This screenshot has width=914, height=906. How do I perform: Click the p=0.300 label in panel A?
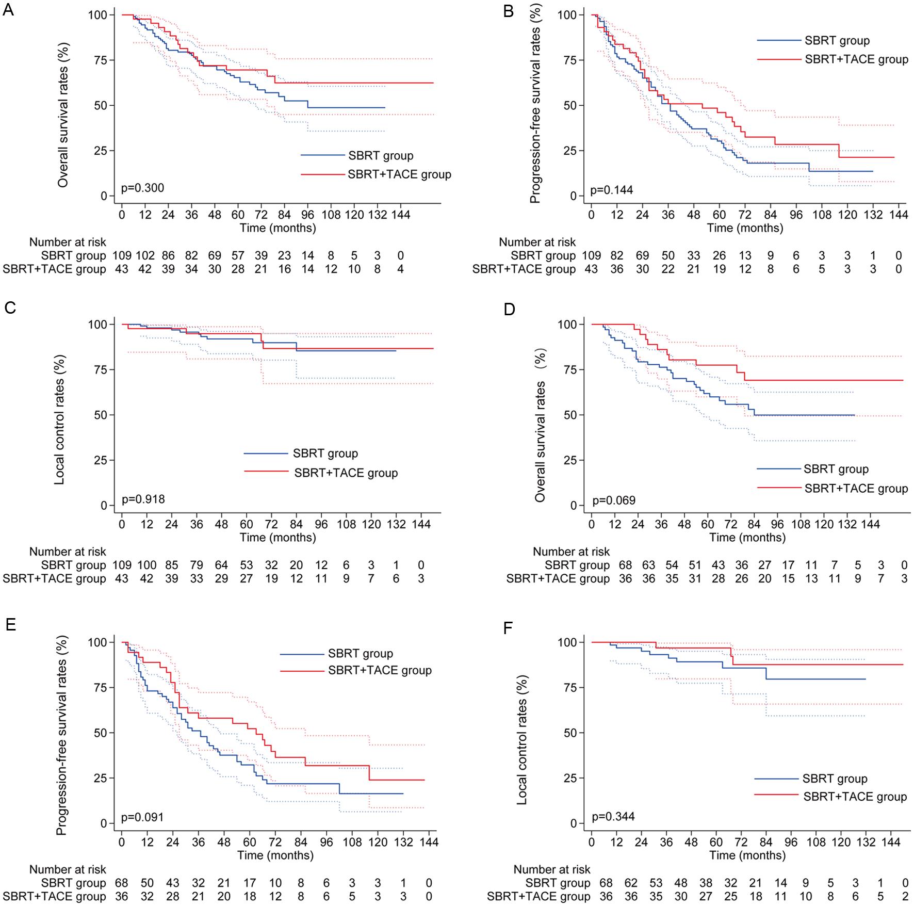[x=142, y=188]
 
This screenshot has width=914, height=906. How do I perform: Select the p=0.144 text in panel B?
[x=611, y=190]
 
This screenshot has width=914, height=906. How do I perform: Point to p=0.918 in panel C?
[x=143, y=499]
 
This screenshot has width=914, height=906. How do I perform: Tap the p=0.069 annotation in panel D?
[x=614, y=500]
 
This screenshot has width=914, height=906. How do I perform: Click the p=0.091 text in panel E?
[x=142, y=817]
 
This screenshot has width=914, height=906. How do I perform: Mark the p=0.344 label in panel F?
[x=613, y=816]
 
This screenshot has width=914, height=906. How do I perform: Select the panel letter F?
[x=508, y=628]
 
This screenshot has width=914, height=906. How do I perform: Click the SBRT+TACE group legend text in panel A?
[x=399, y=174]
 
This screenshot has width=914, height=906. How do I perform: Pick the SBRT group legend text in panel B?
[x=837, y=41]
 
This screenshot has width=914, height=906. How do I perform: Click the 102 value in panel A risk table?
[x=145, y=255]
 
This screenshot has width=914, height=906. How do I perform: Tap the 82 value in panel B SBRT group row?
[x=617, y=255]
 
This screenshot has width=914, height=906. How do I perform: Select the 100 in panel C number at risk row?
[x=146, y=565]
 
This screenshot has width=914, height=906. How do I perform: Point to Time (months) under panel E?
[x=275, y=855]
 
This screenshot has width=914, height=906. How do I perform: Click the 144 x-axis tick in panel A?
[x=400, y=214]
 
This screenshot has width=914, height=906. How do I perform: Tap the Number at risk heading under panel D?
[x=571, y=552]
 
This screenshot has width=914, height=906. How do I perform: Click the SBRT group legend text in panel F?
[x=835, y=779]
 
